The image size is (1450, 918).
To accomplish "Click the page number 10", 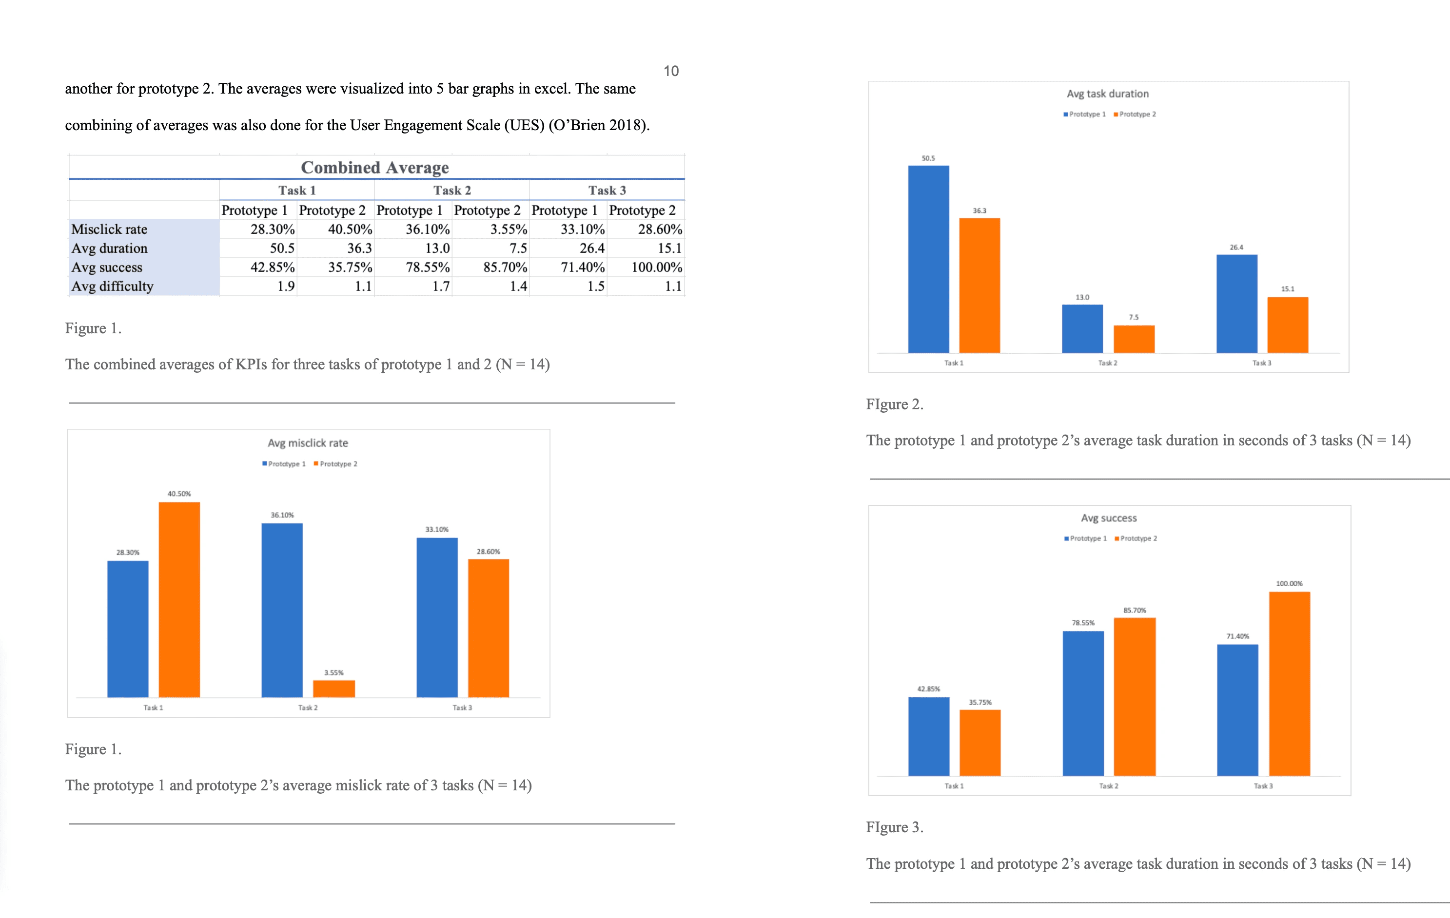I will coord(671,71).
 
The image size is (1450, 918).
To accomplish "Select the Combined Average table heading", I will coord(374,167).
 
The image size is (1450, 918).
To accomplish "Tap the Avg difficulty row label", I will coord(113,287).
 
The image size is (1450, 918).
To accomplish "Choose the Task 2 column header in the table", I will coord(451,190).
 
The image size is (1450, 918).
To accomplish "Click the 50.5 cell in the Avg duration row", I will coord(282,248).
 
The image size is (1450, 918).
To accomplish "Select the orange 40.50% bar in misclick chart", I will coord(179,599).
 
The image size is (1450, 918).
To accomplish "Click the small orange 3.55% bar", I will coord(333,688).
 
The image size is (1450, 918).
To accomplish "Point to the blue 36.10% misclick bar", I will coord(282,609).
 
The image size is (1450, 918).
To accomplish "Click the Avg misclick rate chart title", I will coord(308,443).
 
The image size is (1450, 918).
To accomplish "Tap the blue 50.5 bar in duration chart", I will coord(928,259).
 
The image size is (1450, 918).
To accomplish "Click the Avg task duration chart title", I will coord(1107,94).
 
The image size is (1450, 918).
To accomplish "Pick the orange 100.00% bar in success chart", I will coord(1289,683).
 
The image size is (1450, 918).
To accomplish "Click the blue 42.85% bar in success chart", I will coord(928,736).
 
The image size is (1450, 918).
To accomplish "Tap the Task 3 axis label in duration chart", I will coord(1261,363).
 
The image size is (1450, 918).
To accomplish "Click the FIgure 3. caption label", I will coord(894,827).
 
